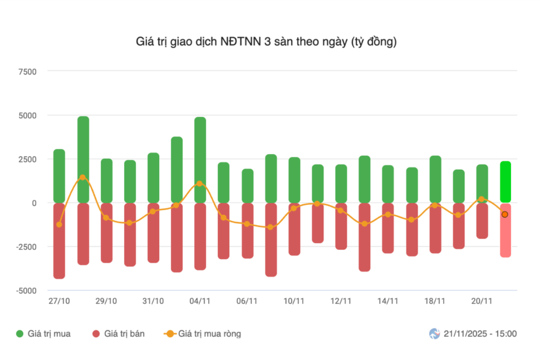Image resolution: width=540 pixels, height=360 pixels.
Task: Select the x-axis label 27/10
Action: point(59,301)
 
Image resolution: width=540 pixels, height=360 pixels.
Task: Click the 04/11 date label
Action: point(200,301)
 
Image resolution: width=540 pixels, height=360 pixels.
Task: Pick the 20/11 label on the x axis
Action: point(482,301)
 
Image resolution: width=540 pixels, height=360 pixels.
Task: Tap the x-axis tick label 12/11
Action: point(341,301)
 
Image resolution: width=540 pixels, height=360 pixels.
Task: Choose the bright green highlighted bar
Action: point(505,181)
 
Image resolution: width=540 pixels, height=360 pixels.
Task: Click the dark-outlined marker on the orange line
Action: point(505,214)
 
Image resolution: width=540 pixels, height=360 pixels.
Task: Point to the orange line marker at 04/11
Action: point(200,183)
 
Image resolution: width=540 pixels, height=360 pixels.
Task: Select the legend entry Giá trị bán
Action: point(118,334)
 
